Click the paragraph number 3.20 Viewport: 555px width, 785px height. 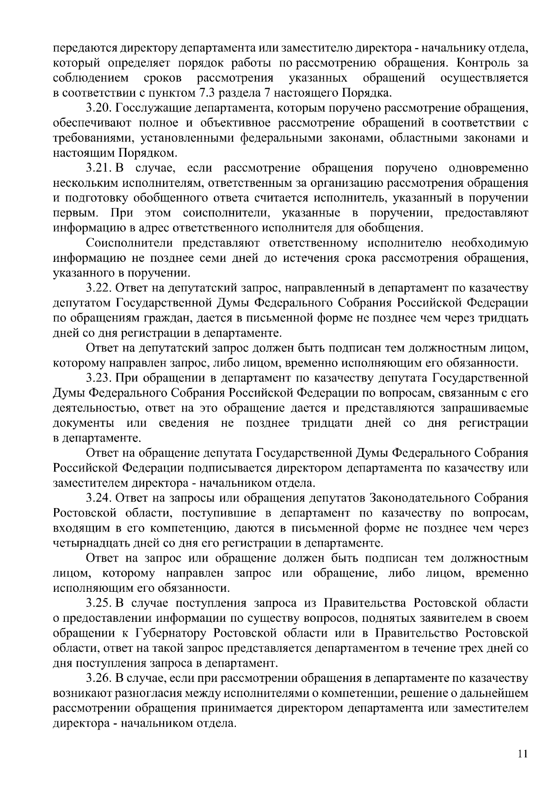click(x=99, y=108)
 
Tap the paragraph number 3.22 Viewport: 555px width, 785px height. click(x=99, y=288)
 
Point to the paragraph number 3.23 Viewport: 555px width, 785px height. click(x=99, y=378)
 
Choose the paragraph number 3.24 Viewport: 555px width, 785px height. click(x=99, y=498)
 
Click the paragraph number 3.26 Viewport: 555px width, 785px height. click(x=99, y=678)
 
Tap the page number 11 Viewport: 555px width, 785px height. click(x=522, y=753)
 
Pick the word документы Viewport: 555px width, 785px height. click(x=84, y=423)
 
